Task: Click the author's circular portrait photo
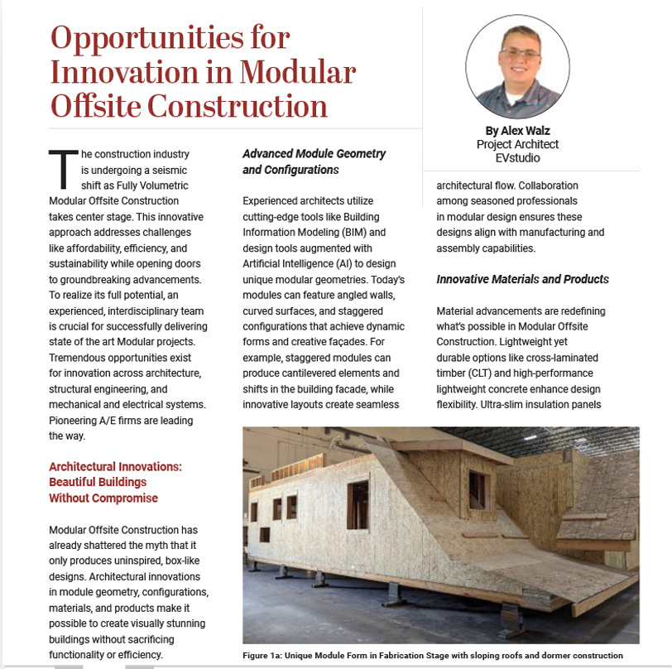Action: click(517, 66)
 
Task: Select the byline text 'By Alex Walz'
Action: click(517, 130)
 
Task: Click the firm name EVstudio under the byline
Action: click(517, 156)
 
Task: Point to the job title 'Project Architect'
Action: click(517, 143)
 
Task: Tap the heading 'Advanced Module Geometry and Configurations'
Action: click(314, 161)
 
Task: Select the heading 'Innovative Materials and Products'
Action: click(522, 279)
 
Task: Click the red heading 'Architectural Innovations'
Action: click(115, 466)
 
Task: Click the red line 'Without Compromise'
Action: click(103, 498)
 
